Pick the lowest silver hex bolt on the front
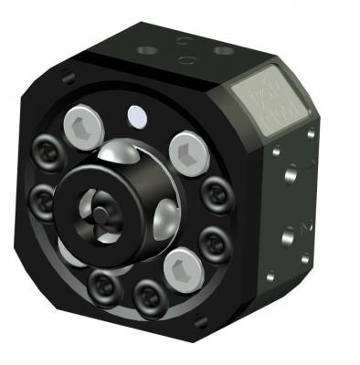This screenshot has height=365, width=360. [x=178, y=269]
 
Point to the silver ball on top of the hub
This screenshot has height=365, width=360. [x=125, y=155]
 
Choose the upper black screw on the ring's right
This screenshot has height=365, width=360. [x=216, y=192]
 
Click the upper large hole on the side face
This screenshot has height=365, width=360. [x=291, y=172]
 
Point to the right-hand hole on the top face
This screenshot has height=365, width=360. [x=220, y=49]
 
